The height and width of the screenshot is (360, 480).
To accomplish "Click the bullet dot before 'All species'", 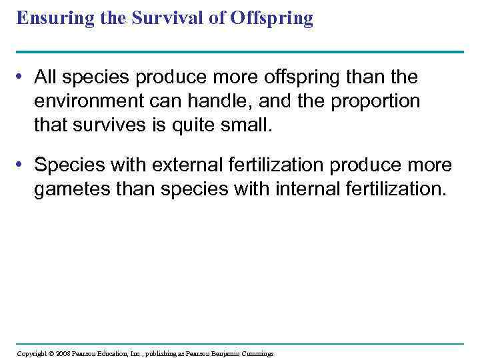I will point(23,78).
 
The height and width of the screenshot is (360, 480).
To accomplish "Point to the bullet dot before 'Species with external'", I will point(23,165).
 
